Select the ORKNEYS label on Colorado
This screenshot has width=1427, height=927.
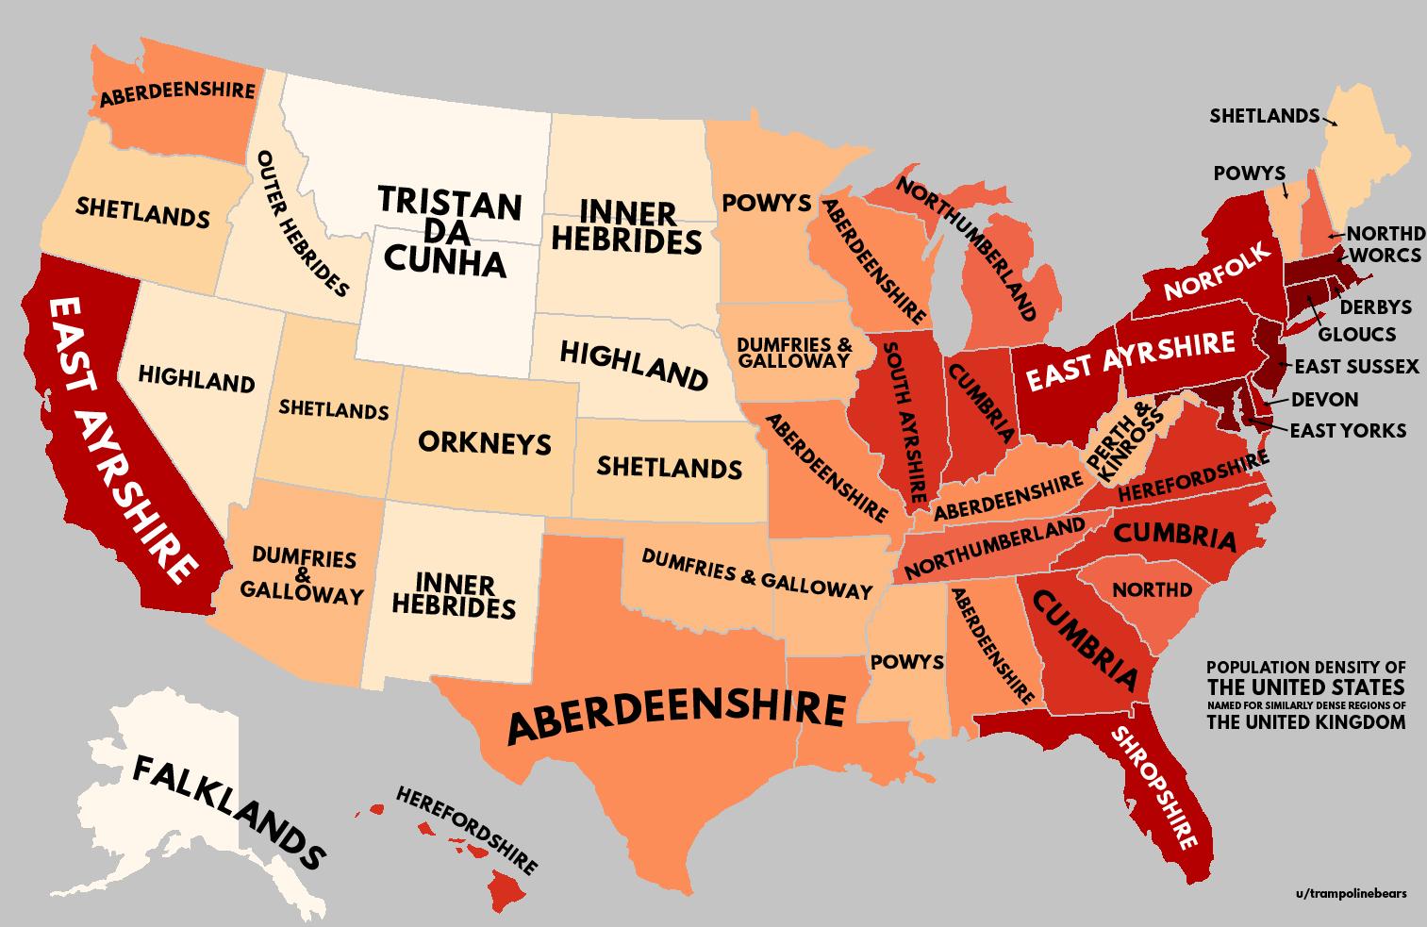[x=484, y=442]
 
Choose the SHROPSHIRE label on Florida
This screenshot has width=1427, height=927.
[x=1154, y=786]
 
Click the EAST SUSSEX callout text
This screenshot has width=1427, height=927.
[x=1356, y=367]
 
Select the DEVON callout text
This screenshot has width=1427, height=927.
[x=1324, y=399]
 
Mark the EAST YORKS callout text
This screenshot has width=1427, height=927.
[x=1347, y=431]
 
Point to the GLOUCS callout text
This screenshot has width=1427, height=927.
[x=1356, y=334]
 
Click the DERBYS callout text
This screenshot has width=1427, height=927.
[x=1375, y=306]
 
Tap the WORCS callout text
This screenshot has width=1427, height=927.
[x=1385, y=256]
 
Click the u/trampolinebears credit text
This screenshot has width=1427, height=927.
[x=1351, y=893]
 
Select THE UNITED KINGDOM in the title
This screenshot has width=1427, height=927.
[x=1305, y=723]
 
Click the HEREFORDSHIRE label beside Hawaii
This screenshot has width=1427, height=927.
[x=466, y=829]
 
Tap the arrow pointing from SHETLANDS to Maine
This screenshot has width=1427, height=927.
[x=1329, y=121]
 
